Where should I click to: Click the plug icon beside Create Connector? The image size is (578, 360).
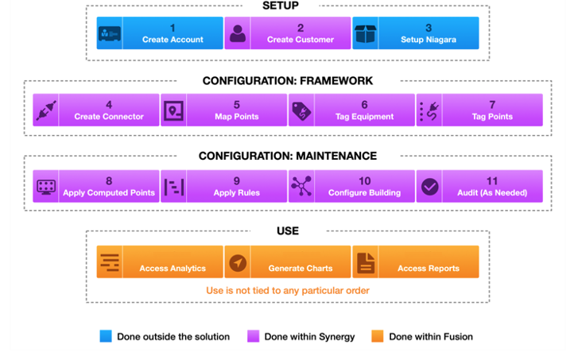pyautogui.click(x=45, y=110)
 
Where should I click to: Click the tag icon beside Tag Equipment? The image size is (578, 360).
pyautogui.click(x=301, y=110)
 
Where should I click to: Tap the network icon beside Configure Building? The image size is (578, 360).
pyautogui.click(x=301, y=187)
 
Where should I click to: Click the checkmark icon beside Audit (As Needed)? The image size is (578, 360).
pyautogui.click(x=429, y=187)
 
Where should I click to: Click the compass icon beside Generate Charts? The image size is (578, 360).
pyautogui.click(x=238, y=262)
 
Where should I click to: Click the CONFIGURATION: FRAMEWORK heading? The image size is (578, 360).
pyautogui.click(x=287, y=81)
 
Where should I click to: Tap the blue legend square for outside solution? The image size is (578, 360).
pyautogui.click(x=106, y=337)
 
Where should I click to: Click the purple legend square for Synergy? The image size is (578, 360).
pyautogui.click(x=252, y=337)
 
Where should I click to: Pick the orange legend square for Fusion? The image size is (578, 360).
pyautogui.click(x=378, y=337)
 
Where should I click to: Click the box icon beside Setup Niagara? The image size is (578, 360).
pyautogui.click(x=365, y=33)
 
